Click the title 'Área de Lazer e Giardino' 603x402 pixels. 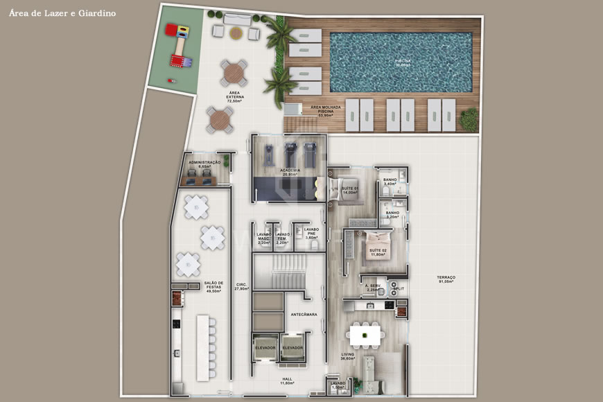tap(63, 13)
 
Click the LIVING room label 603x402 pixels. tap(348, 356)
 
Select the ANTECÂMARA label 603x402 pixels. tap(304, 314)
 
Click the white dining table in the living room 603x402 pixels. tap(366, 335)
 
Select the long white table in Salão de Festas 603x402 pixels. tap(203, 347)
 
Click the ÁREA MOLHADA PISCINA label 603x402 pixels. tap(326, 109)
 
